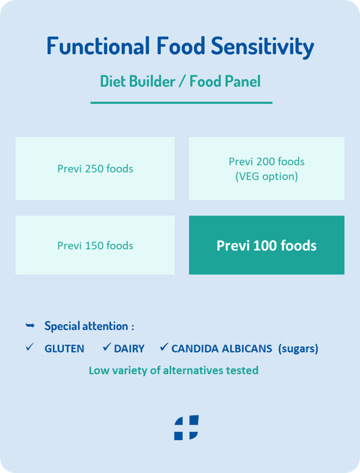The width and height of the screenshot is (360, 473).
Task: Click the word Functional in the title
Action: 98,46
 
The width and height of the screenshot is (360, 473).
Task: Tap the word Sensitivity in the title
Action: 263,47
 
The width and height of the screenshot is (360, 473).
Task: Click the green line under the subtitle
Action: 182,103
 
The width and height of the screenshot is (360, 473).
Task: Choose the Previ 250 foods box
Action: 95,169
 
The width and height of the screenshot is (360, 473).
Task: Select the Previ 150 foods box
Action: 95,245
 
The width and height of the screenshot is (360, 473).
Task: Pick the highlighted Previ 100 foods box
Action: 267,245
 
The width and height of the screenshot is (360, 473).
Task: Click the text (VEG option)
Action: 267,177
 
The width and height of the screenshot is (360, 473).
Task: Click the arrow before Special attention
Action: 30,325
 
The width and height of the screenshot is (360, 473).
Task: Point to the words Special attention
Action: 86,326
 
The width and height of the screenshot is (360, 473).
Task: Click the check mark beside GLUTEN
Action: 30,347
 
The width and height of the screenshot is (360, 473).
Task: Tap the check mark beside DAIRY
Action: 107,347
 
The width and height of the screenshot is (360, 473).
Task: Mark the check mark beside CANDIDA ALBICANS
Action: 164,347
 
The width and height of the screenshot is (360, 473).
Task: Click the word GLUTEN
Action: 65,349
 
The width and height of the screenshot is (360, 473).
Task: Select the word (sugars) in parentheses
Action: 298,349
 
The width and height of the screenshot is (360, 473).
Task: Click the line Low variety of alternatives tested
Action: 174,371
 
